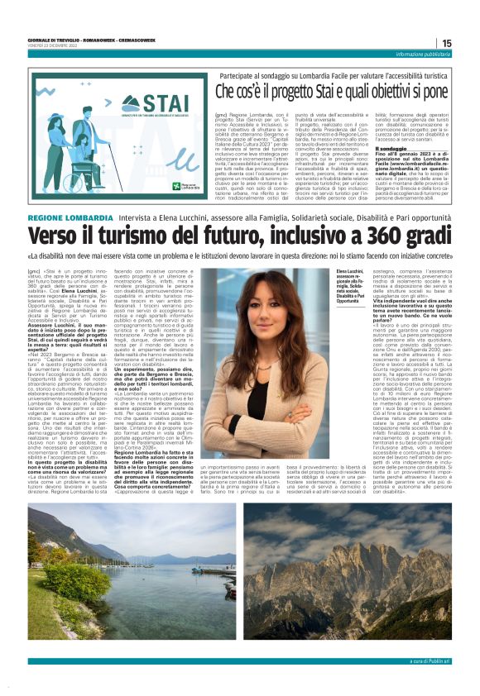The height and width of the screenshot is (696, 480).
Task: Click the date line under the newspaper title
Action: click(50, 45)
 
